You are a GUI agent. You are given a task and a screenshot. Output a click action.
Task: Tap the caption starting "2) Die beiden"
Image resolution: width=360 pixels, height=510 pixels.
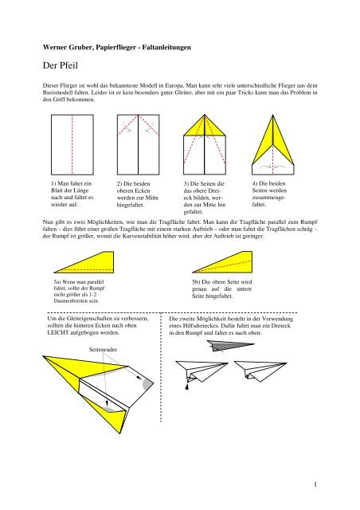(137, 194)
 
